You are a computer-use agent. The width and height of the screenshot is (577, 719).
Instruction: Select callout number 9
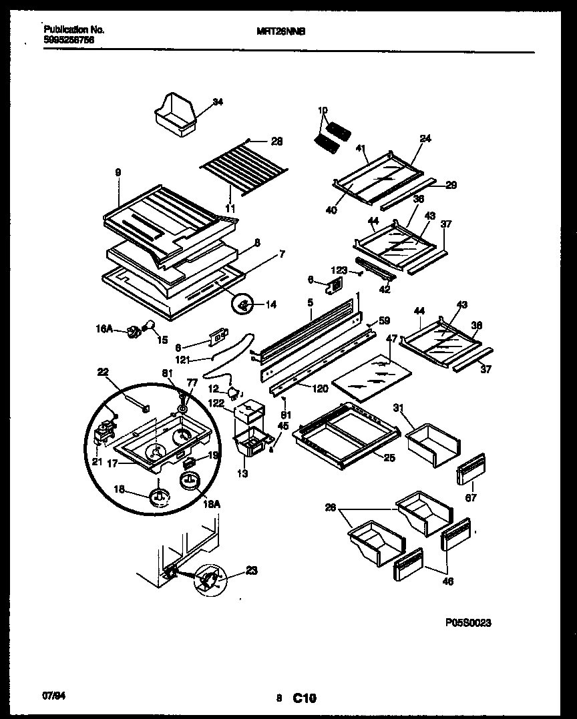pyautogui.click(x=118, y=172)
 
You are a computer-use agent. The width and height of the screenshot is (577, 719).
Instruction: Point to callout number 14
pyautogui.click(x=271, y=305)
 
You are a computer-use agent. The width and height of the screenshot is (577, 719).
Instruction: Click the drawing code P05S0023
pyautogui.click(x=468, y=622)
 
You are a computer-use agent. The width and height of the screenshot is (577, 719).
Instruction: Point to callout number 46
pyautogui.click(x=447, y=581)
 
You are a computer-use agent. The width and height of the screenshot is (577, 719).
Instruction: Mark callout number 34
pyautogui.click(x=218, y=102)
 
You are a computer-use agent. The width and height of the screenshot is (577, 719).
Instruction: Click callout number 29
pyautogui.click(x=451, y=185)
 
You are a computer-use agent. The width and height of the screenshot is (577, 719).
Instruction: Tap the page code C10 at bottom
pyautogui.click(x=302, y=698)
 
